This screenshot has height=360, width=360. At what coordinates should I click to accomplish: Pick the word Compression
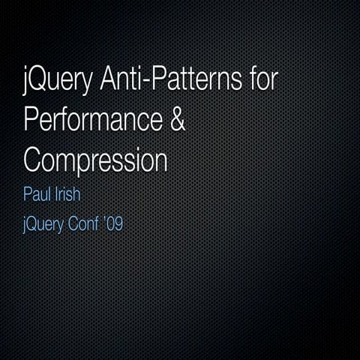(94, 160)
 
